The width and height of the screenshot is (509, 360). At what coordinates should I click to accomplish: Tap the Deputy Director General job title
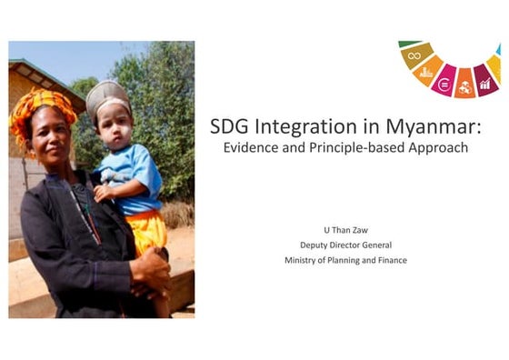pyautogui.click(x=344, y=245)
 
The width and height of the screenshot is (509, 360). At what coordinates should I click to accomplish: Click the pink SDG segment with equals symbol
pyautogui.click(x=444, y=85)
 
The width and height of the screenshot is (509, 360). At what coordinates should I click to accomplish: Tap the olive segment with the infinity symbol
pyautogui.click(x=415, y=56)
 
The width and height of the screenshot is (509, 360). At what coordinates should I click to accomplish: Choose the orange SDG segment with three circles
pyautogui.click(x=465, y=88)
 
